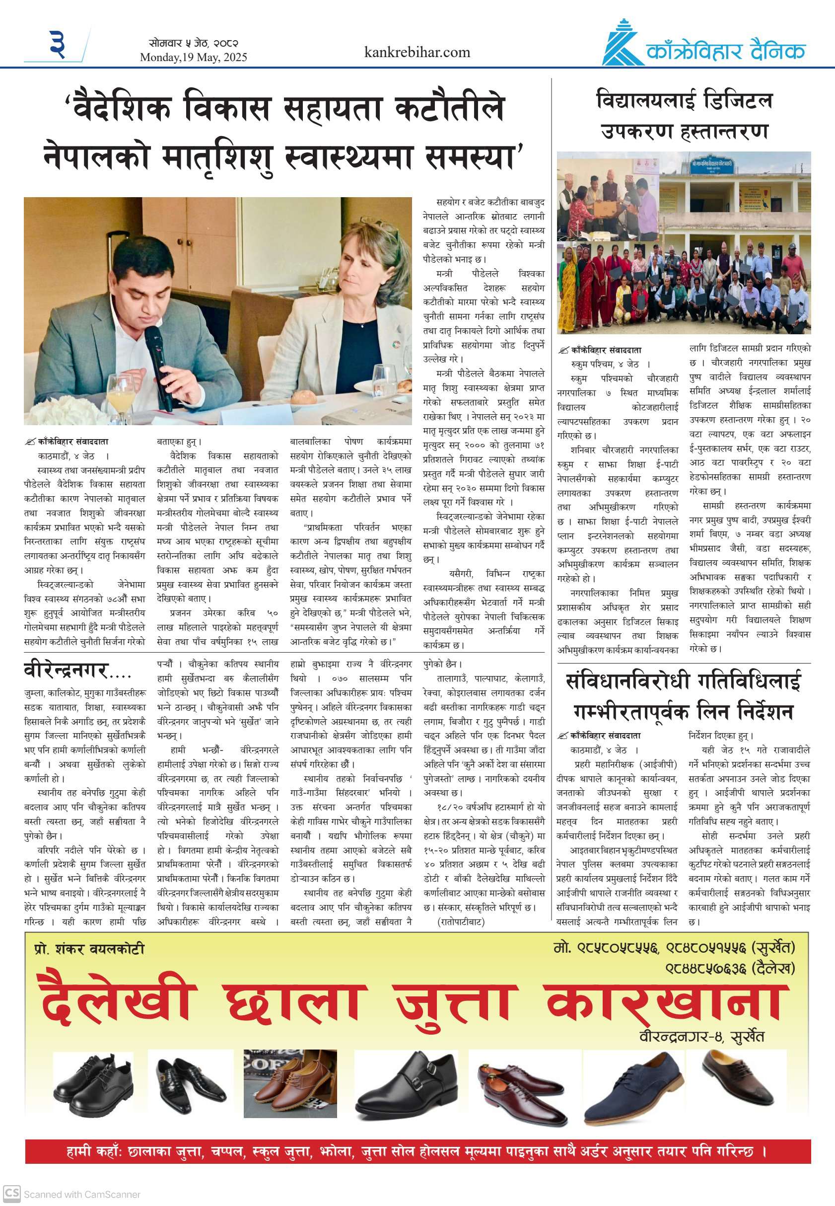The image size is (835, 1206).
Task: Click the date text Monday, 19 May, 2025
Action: pyautogui.click(x=193, y=58)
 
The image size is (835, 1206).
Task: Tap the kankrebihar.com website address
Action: pyautogui.click(x=417, y=52)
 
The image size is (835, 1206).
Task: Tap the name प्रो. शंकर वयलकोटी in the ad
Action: pyautogui.click(x=89, y=949)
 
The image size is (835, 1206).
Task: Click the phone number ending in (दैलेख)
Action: pyautogui.click(x=729, y=969)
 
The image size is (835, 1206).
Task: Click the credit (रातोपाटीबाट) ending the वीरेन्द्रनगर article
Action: pyautogui.click(x=461, y=921)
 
